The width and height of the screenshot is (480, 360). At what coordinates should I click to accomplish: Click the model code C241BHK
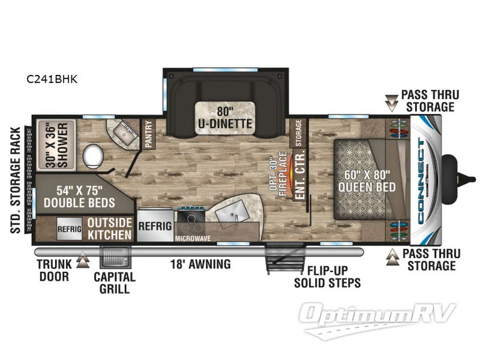point(51,78)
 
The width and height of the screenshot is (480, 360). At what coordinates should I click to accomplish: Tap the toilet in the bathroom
point(93,155)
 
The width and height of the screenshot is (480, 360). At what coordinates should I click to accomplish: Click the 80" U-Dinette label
point(225,118)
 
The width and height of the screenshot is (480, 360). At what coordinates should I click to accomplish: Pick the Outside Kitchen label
point(109,229)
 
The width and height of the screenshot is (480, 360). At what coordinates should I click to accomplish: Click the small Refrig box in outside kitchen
point(69,229)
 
